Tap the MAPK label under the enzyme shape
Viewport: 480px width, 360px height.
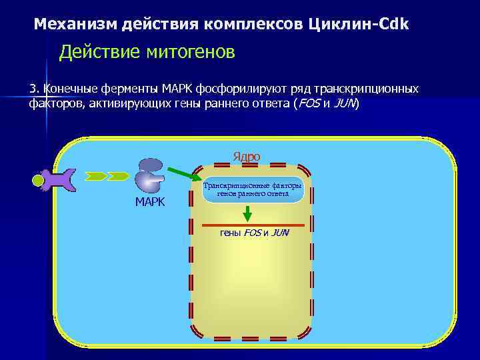click(x=150, y=202)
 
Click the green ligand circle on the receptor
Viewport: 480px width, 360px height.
click(x=39, y=180)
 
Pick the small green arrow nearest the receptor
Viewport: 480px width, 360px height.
click(x=95, y=176)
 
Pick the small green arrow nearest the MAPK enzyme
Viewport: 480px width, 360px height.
click(x=118, y=176)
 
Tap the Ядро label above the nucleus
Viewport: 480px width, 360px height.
click(x=246, y=157)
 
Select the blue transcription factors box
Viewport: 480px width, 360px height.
click(x=253, y=190)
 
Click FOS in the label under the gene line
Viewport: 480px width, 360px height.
click(x=252, y=233)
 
